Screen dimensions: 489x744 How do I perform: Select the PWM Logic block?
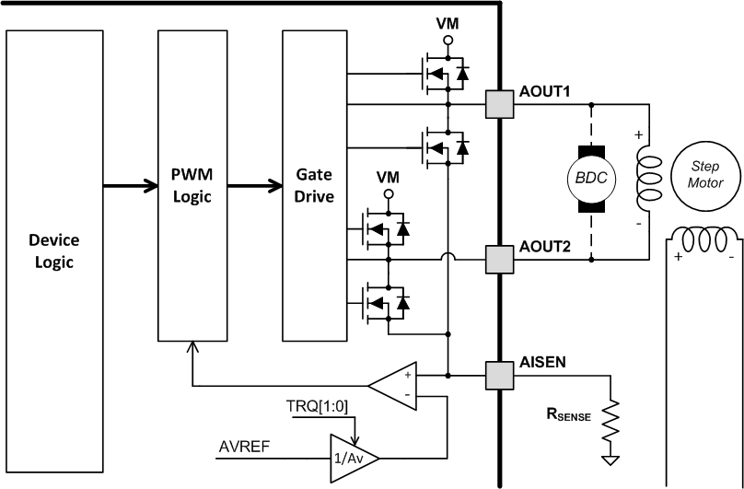pos(192,184)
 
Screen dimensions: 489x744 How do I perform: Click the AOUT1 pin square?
pos(499,103)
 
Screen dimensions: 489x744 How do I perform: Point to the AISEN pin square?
pos(499,375)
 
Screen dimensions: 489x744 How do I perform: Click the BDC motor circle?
pos(590,178)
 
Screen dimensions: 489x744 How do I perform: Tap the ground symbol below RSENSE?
pos(609,459)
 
